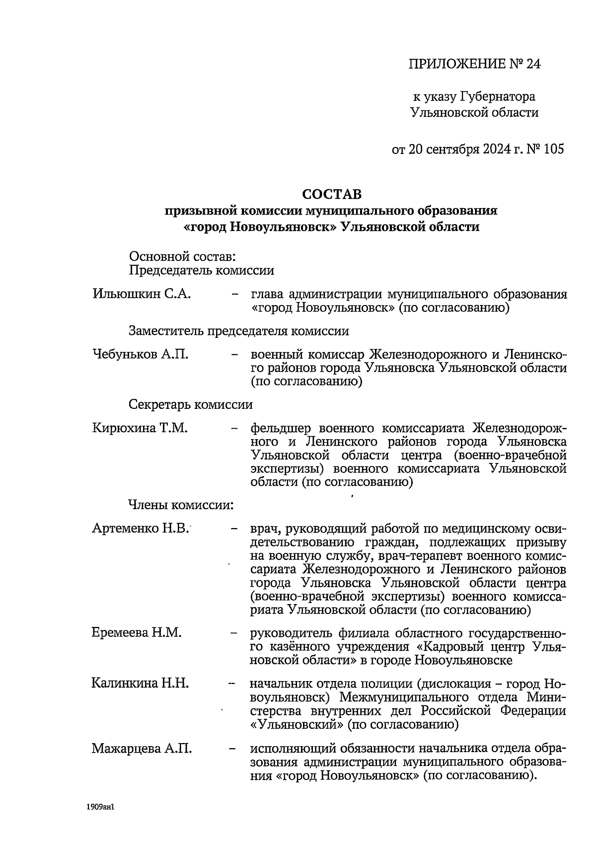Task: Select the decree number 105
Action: (x=554, y=149)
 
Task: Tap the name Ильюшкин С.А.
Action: (x=142, y=294)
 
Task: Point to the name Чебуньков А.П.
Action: (x=141, y=355)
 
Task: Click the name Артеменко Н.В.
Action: (x=141, y=529)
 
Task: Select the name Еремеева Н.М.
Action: (x=137, y=633)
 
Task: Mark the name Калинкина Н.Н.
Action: (x=140, y=684)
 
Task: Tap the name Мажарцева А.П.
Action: (x=142, y=749)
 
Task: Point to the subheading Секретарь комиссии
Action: (x=191, y=404)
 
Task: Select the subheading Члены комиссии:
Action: (x=181, y=505)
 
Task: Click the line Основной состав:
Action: (x=182, y=257)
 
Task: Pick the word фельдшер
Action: (x=281, y=428)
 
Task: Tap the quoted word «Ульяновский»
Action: (x=297, y=724)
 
